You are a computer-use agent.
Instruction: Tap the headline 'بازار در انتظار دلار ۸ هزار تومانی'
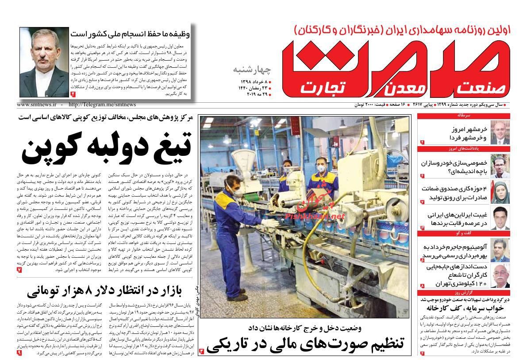click(104, 291)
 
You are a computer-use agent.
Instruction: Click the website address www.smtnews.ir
click(37, 105)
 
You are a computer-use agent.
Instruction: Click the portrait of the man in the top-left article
click(43, 62)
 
